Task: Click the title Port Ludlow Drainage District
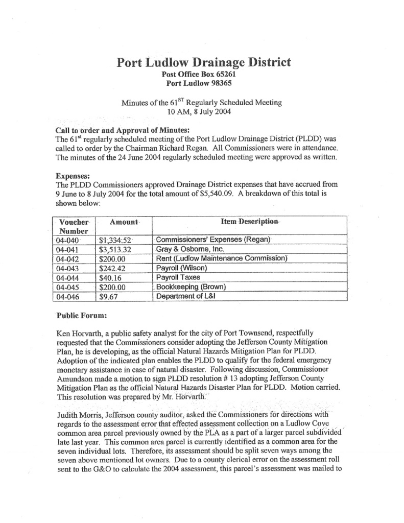[204, 63]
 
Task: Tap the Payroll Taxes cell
[178, 277]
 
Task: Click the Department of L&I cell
[188, 296]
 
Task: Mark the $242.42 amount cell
[113, 268]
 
